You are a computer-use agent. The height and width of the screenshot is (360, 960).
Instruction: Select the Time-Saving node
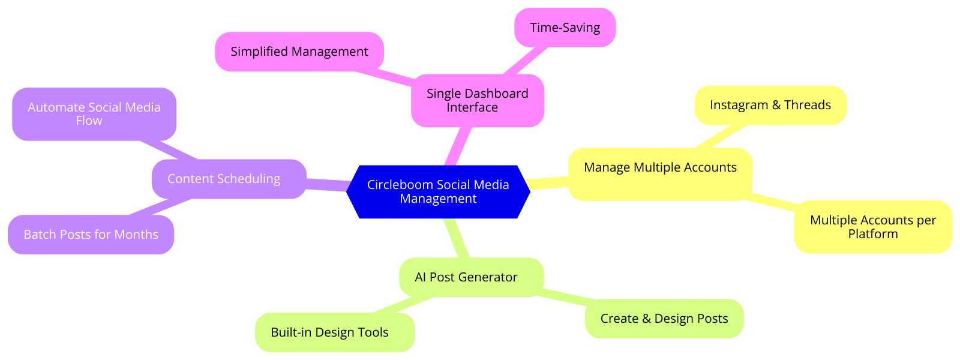coord(565,28)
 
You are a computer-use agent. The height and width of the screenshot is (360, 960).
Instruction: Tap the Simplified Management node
coord(299,52)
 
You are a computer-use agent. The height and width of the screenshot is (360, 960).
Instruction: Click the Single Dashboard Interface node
coord(477,101)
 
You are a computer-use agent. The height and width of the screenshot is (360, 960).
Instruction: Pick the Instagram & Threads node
coord(770,106)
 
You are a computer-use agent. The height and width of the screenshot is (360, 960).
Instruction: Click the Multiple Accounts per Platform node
coord(872,227)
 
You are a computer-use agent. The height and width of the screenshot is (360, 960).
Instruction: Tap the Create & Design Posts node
coord(664,319)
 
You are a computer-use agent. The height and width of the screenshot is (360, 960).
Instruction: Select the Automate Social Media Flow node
coord(94,114)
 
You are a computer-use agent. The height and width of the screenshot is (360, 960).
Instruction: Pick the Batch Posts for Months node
coord(91,235)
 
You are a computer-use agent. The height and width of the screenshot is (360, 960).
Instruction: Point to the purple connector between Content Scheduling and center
coord(327,184)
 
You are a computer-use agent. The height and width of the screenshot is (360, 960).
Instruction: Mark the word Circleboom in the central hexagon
coord(398,185)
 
